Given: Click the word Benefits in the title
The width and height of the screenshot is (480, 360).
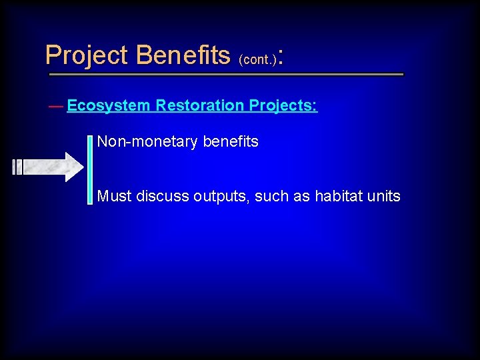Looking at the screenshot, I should (182, 55).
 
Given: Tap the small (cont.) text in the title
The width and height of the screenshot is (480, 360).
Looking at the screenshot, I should (257, 59).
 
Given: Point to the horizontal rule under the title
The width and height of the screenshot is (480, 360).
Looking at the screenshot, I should (225, 74).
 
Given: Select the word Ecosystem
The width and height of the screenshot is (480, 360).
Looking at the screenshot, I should (109, 106).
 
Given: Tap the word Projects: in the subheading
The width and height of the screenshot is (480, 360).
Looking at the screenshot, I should (283, 106).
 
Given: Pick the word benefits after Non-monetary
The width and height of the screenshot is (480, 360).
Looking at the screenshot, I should (231, 141).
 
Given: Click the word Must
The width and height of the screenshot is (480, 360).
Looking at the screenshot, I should (115, 196).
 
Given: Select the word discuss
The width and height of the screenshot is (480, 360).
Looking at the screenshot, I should (163, 196).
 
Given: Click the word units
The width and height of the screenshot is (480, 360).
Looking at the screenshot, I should (385, 196).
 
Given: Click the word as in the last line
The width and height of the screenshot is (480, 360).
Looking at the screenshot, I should (303, 197).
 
